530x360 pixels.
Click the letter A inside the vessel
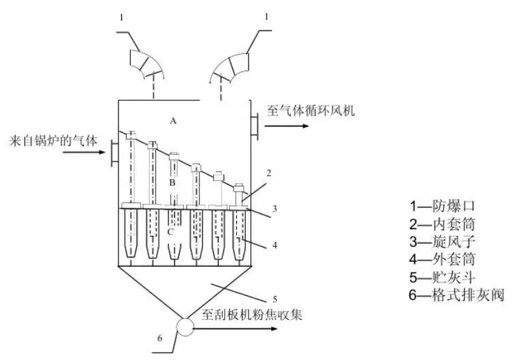[x=174, y=121]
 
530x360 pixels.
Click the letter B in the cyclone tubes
[x=172, y=183]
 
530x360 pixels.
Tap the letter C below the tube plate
[x=171, y=232]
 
